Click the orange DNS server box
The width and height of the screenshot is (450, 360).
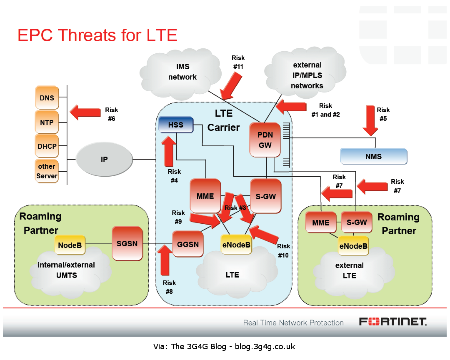point(47,98)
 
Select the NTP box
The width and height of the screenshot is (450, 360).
point(47,122)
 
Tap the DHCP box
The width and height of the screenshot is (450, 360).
point(47,146)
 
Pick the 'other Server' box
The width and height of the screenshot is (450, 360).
point(47,171)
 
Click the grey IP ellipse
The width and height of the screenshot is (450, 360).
point(104,159)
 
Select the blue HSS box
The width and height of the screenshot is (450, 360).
point(176,125)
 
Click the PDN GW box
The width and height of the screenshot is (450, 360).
point(265,140)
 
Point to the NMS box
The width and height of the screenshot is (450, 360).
point(373,157)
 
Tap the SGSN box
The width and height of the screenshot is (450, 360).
point(127,243)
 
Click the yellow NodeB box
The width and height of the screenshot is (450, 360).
point(70,245)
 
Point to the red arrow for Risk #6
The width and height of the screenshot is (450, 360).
point(85,112)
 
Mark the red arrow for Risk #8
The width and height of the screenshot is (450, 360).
point(166,260)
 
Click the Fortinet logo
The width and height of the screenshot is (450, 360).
point(392,322)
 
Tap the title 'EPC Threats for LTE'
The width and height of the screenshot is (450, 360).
point(97,35)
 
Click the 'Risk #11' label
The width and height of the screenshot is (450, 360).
point(238,62)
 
